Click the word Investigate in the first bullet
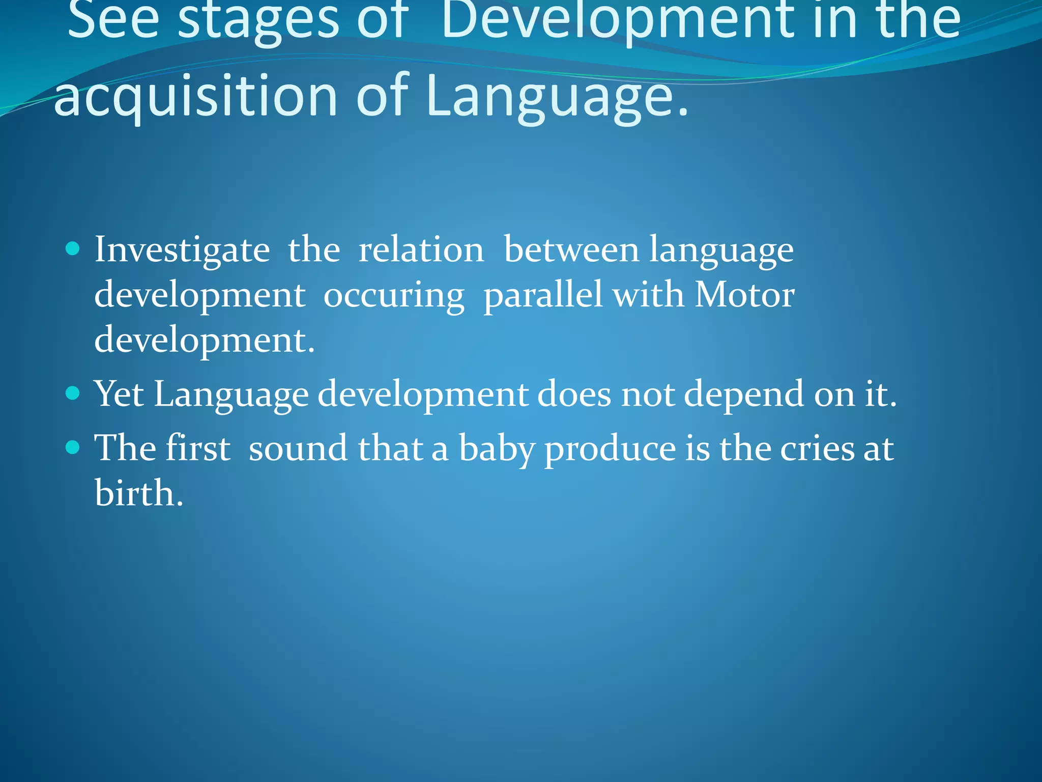[182, 250]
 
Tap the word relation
[421, 250]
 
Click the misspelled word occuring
[394, 296]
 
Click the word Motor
[744, 295]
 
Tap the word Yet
[120, 394]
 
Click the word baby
[497, 450]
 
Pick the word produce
[610, 450]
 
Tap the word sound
[298, 449]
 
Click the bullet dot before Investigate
[73, 248]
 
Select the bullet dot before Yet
[73, 393]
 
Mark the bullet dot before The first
[73, 448]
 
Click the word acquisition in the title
[196, 97]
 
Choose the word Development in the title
[617, 20]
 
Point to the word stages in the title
[258, 20]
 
